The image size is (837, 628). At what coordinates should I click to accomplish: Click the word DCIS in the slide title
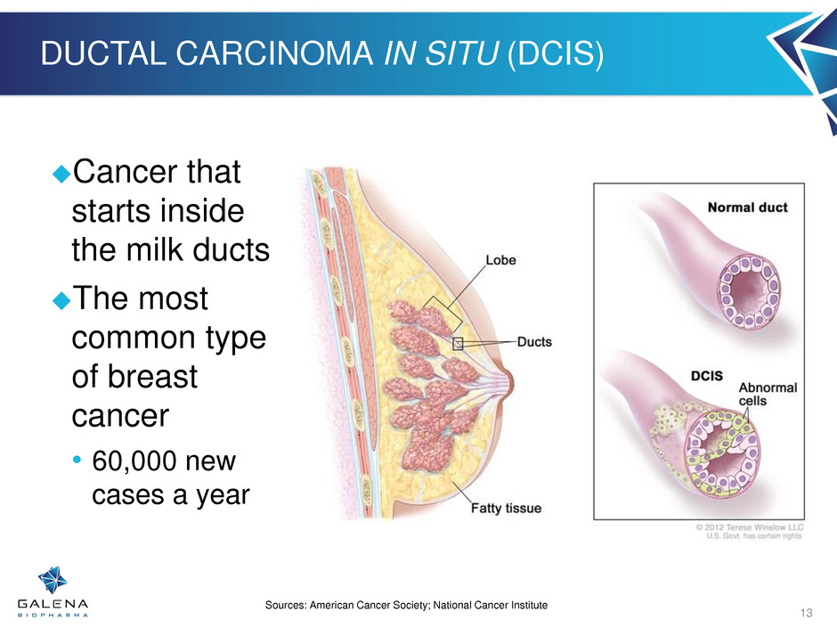[556, 54]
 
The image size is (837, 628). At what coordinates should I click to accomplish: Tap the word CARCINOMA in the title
[274, 53]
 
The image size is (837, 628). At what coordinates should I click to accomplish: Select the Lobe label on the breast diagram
[500, 260]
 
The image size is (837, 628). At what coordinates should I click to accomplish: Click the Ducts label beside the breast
[534, 342]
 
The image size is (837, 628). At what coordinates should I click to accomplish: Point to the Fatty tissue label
[506, 508]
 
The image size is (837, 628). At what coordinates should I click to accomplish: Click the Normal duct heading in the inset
[747, 208]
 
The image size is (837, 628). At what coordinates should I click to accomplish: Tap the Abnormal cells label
[768, 394]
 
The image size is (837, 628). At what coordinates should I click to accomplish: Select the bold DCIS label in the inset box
[707, 376]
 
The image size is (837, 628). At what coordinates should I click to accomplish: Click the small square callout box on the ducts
[458, 344]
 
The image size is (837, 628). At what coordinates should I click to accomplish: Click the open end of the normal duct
[748, 291]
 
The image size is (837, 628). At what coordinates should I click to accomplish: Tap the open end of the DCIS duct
[722, 453]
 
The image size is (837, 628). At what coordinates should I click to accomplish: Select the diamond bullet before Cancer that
[62, 174]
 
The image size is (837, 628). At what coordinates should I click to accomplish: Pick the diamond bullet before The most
[62, 300]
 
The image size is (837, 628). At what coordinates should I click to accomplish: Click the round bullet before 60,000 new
[77, 460]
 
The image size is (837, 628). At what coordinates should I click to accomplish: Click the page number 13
[806, 613]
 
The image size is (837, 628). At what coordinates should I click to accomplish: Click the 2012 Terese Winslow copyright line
[750, 527]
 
